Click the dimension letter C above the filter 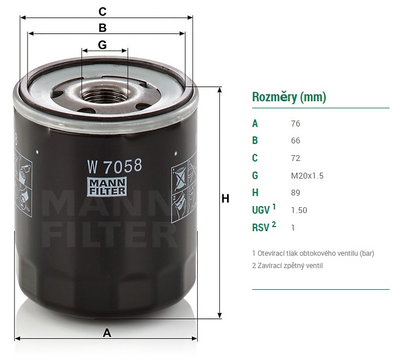coord(102,12)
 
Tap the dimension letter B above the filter coord(102,28)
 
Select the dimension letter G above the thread coord(102,44)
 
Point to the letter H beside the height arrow coord(225,198)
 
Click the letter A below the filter coord(107,333)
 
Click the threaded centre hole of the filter coord(105,95)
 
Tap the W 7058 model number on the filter coord(115,166)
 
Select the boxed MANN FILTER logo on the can coord(107,187)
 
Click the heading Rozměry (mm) coord(289,97)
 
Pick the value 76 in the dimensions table coord(295,124)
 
